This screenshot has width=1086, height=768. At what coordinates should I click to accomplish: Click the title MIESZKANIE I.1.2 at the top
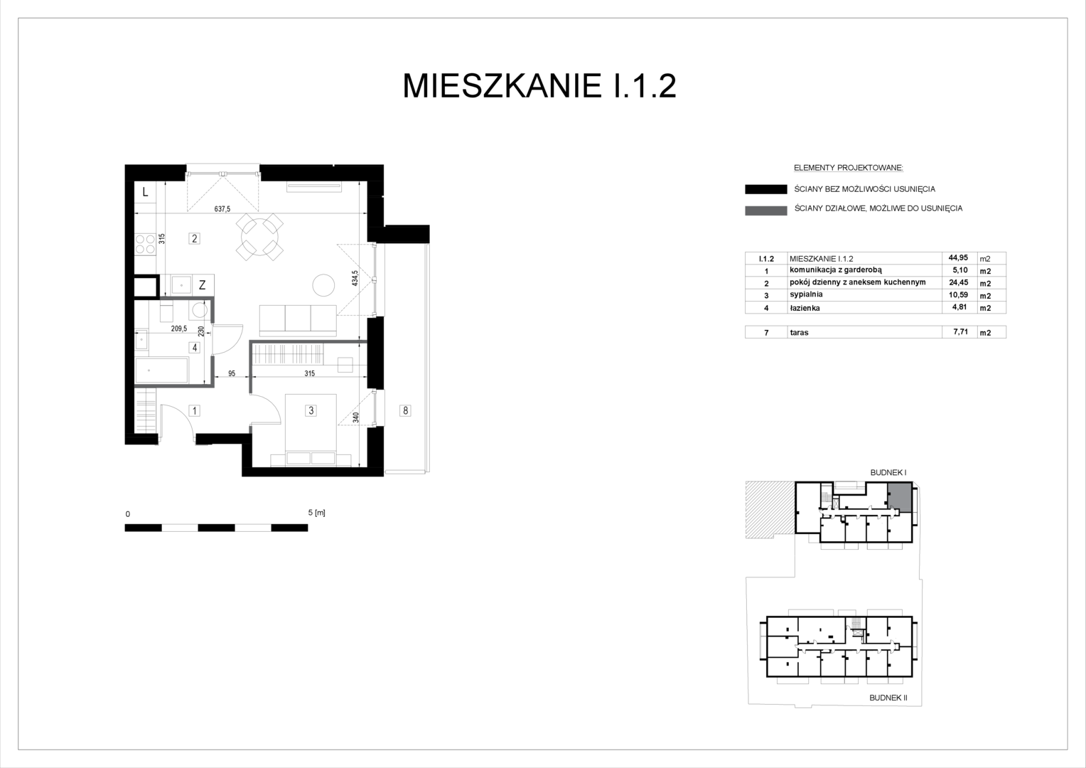pyautogui.click(x=539, y=86)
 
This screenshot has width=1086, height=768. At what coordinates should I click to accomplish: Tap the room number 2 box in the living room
pyautogui.click(x=195, y=238)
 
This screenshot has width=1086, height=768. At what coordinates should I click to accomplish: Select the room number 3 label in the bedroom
pyautogui.click(x=311, y=410)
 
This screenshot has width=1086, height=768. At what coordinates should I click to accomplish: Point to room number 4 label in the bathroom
pyautogui.click(x=195, y=347)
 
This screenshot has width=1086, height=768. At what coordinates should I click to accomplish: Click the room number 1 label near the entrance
pyautogui.click(x=195, y=411)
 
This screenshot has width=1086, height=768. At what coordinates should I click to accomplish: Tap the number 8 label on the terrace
pyautogui.click(x=405, y=410)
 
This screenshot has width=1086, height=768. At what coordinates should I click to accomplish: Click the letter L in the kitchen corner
pyautogui.click(x=145, y=192)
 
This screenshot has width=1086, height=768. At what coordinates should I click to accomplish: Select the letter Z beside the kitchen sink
pyautogui.click(x=202, y=285)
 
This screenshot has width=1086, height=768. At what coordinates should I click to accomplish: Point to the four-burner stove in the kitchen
pyautogui.click(x=145, y=244)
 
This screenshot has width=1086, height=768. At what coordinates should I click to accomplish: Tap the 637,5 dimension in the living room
pyautogui.click(x=222, y=209)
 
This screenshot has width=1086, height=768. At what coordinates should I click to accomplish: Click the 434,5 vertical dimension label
pyautogui.click(x=355, y=278)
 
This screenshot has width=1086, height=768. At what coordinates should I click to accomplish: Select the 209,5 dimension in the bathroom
pyautogui.click(x=179, y=329)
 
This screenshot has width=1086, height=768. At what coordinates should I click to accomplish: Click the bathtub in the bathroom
pyautogui.click(x=161, y=370)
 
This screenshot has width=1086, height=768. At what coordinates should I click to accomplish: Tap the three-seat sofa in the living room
pyautogui.click(x=298, y=320)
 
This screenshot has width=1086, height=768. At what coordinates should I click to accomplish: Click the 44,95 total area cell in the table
pyautogui.click(x=958, y=257)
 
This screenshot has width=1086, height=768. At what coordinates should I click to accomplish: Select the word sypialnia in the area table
pyautogui.click(x=806, y=294)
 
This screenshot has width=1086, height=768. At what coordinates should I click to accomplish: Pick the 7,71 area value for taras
pyautogui.click(x=960, y=332)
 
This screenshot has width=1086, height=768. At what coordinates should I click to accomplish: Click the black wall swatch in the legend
pyautogui.click(x=766, y=189)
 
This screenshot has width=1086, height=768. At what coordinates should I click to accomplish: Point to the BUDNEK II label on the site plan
pyautogui.click(x=888, y=698)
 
